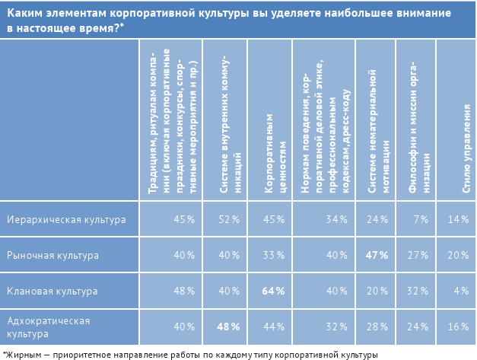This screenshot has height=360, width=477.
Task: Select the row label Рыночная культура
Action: (x=52, y=255)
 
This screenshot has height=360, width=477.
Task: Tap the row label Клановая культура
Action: (x=52, y=291)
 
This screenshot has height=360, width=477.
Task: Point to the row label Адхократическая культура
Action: (x=48, y=327)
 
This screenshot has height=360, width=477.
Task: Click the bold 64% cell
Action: (x=274, y=291)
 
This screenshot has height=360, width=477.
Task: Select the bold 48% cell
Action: (x=229, y=327)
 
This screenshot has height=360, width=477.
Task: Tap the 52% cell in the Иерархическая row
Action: (x=229, y=219)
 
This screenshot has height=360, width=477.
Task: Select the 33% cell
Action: (x=274, y=255)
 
